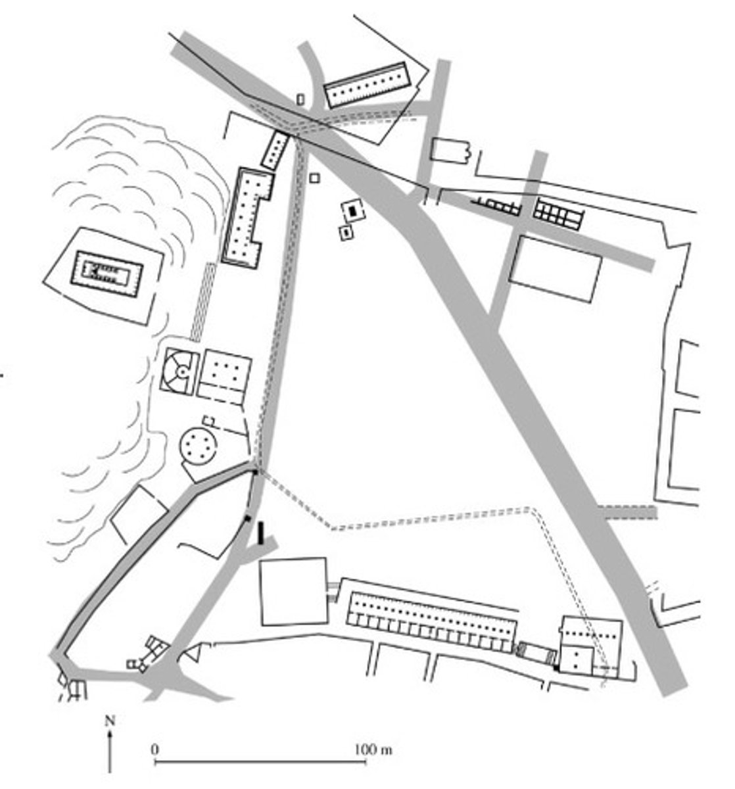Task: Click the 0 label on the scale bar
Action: pyautogui.click(x=155, y=749)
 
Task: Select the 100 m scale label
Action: pyautogui.click(x=373, y=750)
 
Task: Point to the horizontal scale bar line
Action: pyautogui.click(x=260, y=761)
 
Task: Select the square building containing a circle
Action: pyautogui.click(x=179, y=371)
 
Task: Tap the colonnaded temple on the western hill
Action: pyautogui.click(x=107, y=274)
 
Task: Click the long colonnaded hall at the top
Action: pyautogui.click(x=367, y=85)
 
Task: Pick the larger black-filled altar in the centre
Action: pyautogui.click(x=353, y=208)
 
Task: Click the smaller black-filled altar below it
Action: pyautogui.click(x=346, y=232)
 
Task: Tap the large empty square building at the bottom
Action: pyautogui.click(x=294, y=590)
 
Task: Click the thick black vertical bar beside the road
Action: pyautogui.click(x=260, y=533)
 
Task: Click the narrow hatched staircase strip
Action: pyautogui.click(x=203, y=302)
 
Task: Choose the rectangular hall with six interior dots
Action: pyautogui.click(x=225, y=377)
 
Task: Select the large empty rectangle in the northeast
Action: pyautogui.click(x=556, y=270)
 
